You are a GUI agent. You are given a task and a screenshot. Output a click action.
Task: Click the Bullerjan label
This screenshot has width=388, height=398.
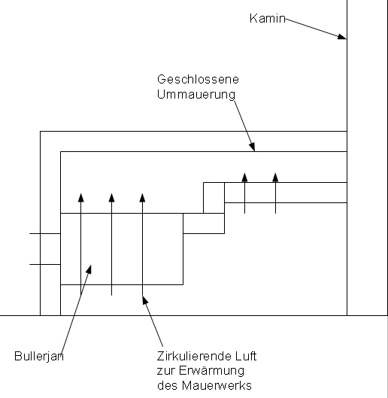coord(38,355)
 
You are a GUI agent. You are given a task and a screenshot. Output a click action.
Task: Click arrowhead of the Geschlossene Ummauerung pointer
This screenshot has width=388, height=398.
coord(253,147)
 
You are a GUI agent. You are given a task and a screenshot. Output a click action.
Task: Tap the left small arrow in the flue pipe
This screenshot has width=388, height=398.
coord(244,177)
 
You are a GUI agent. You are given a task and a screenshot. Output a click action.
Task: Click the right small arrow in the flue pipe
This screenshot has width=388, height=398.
coord(275,177)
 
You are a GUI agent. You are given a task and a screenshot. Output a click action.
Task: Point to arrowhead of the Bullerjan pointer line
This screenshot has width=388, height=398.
coord(89,267)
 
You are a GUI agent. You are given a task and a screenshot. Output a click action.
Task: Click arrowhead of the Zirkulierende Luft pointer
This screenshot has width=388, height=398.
coord(144,300)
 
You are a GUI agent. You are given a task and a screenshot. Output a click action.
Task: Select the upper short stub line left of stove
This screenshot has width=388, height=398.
coord(44,234)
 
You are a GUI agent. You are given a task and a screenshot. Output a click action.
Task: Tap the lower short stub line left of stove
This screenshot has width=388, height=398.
coord(44,264)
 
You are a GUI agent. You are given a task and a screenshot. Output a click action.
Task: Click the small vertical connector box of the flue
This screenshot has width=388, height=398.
coord(214,197)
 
